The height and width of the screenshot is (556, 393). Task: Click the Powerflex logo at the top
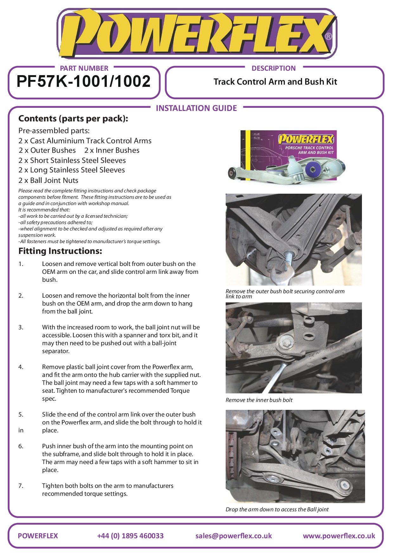point(196,34)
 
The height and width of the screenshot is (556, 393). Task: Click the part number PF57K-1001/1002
point(83,81)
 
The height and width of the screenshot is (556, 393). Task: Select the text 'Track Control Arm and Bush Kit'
point(275,82)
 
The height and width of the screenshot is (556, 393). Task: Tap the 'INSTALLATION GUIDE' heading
point(196,108)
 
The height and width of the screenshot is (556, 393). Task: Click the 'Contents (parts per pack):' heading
point(73,119)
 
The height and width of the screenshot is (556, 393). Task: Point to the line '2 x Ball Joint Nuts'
point(48,180)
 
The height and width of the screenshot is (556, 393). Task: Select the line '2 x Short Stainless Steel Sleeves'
point(72,160)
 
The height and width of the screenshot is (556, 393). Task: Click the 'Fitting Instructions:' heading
point(60,251)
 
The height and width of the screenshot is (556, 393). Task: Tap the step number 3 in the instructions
point(21,327)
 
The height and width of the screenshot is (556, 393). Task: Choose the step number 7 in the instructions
point(21,486)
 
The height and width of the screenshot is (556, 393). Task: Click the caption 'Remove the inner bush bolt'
point(259,400)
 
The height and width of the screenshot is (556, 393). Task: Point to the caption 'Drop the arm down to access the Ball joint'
point(277,509)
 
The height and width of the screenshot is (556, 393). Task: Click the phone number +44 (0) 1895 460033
point(130,536)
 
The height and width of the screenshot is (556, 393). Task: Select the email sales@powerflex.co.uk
point(234,536)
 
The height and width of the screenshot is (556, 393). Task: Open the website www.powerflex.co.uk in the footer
point(339,536)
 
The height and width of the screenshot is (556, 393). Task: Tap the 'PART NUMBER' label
point(84,68)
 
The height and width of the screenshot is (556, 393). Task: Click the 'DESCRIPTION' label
point(274,68)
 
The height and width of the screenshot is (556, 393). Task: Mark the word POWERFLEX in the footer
point(38,536)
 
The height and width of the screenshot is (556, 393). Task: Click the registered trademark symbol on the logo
point(329,36)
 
